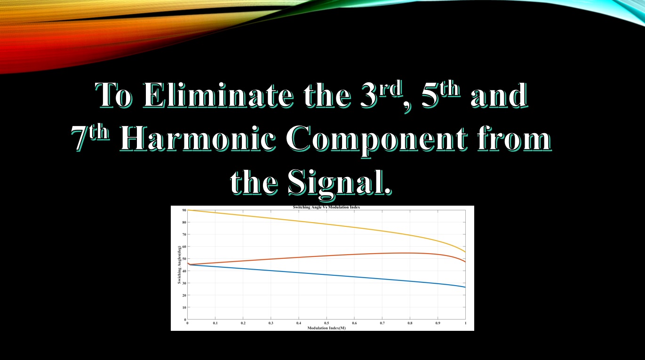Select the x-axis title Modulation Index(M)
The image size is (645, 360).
[326, 328]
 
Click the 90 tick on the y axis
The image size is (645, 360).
[183, 210]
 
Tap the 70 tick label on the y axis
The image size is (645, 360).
[183, 234]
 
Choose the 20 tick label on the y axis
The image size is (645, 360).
[183, 295]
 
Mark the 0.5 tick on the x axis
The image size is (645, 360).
[326, 323]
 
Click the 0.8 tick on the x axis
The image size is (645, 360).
[410, 323]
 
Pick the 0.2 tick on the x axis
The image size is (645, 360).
[243, 323]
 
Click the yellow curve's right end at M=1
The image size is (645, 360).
[465, 252]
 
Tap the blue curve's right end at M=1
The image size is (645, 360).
[465, 287]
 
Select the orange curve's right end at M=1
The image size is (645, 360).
[465, 262]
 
